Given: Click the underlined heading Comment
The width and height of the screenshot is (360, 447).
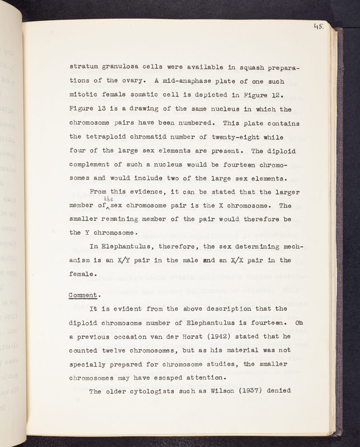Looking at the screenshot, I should [84, 295].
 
